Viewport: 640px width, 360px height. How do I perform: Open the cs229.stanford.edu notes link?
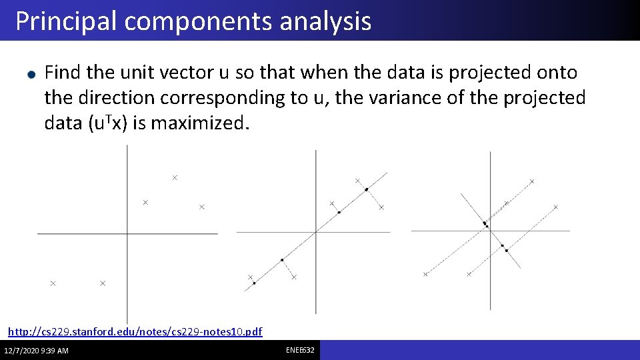[x=135, y=331]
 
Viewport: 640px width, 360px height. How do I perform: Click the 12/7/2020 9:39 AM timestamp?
[x=36, y=351]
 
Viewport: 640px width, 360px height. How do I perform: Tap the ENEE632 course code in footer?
[x=301, y=350]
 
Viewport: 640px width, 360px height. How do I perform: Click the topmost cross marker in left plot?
[x=175, y=177]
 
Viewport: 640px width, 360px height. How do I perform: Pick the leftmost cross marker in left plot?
[x=53, y=283]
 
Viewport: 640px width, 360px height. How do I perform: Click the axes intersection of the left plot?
[x=127, y=233]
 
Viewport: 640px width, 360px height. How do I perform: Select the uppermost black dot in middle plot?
[x=366, y=189]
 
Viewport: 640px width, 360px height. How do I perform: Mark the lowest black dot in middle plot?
[x=254, y=283]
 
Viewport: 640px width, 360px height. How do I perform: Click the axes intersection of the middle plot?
[x=315, y=232]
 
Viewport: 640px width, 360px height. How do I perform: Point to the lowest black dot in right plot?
[x=507, y=251]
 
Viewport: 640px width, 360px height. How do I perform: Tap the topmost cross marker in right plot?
[x=532, y=181]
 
